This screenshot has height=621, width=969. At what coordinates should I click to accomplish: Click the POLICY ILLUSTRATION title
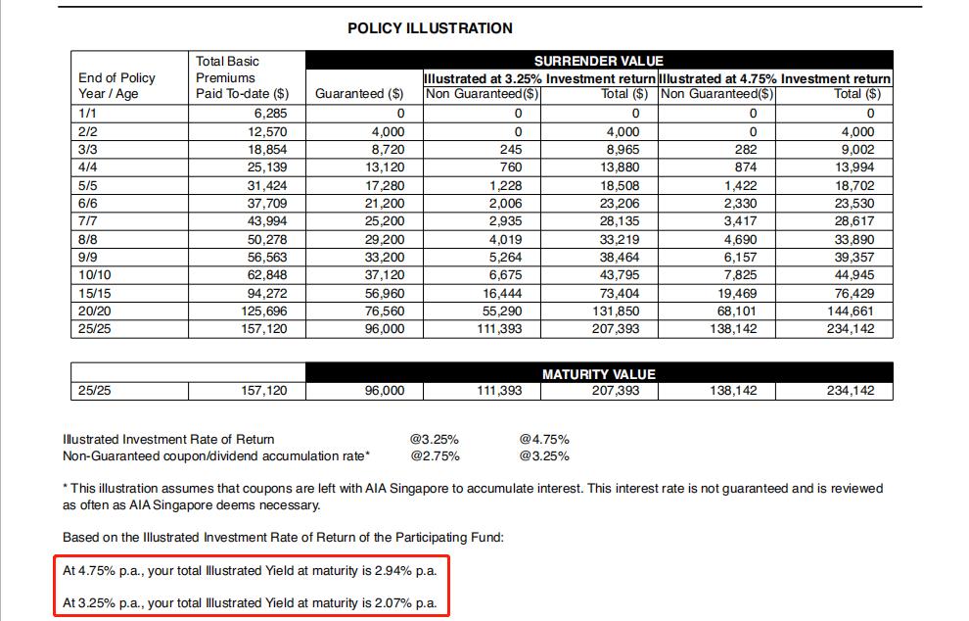coord(430,28)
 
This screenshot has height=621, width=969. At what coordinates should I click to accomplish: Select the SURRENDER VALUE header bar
coord(598,61)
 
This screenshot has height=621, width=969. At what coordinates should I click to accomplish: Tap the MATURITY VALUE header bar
coord(598,374)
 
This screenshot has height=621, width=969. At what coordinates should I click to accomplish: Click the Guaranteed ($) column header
coord(359,94)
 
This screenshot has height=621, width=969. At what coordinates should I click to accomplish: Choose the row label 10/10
coord(95,275)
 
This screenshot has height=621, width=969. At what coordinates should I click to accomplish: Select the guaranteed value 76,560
coord(383,310)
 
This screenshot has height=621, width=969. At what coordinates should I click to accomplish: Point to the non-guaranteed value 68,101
coord(736,310)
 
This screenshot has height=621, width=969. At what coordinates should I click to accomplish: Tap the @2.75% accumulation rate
coord(435,455)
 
